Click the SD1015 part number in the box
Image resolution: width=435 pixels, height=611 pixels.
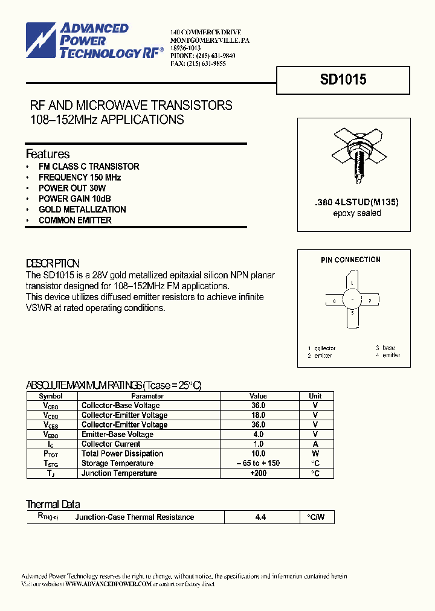[343, 80]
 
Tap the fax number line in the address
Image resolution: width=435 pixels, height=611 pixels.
[198, 63]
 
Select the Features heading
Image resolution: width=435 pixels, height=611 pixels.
[48, 154]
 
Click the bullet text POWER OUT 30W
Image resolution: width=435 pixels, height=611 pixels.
[72, 188]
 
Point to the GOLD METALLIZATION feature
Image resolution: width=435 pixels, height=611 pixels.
[82, 210]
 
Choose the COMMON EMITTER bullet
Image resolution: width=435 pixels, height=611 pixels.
[75, 220]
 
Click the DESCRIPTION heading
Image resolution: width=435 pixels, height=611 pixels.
[53, 264]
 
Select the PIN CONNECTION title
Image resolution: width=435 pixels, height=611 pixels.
[350, 260]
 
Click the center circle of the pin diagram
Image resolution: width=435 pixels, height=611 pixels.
[352, 299]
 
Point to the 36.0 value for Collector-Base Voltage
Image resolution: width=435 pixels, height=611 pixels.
[258, 406]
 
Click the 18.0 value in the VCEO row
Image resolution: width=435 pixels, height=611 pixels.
[258, 415]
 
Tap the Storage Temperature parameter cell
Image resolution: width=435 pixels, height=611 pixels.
[117, 464]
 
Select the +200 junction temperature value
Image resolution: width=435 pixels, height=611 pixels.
[258, 473]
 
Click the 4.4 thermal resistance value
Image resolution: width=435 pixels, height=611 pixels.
[261, 517]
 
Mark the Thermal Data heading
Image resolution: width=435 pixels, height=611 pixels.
[53, 504]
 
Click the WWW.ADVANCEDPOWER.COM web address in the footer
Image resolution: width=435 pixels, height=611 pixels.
[108, 584]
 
